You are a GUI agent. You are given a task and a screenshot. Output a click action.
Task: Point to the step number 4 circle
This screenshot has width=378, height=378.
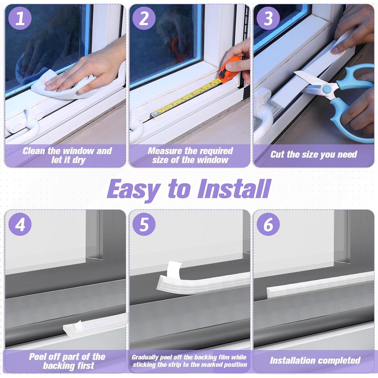pos(20,224)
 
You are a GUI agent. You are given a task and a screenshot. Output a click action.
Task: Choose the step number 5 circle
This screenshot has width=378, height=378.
pos(144,224)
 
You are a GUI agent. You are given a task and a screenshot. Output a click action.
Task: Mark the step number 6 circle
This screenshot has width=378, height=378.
pos(268,224)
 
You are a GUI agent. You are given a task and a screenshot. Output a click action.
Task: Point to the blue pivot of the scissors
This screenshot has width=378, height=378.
pos(327,89)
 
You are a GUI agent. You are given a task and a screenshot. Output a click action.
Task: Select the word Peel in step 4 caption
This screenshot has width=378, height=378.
pos(38,357)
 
